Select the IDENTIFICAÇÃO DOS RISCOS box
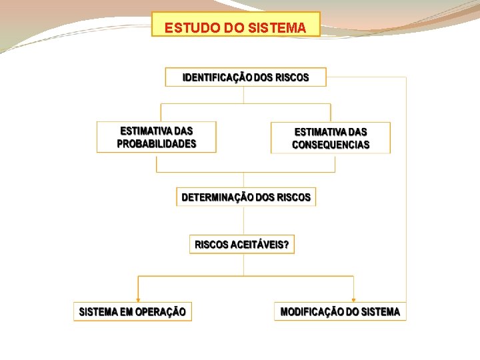246,77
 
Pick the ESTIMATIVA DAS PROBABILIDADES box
157,137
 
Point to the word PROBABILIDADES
157,144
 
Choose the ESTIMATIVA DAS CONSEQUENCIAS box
331,138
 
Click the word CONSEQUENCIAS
331,145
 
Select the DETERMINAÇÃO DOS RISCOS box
246,197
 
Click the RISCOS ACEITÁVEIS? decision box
242,245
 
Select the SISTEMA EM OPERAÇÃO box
133,311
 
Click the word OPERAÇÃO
161,311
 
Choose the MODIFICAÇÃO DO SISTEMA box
340,311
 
